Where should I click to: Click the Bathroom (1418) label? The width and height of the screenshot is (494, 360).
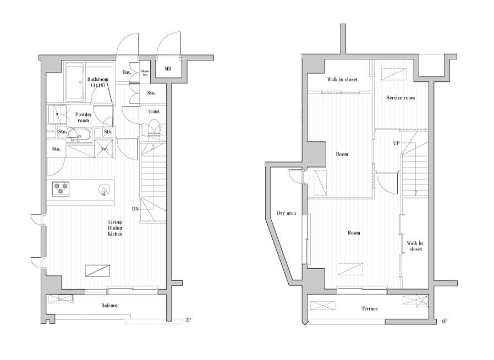point(98,82)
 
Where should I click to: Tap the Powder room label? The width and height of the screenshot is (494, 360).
point(83,117)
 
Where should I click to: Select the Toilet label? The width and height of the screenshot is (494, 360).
point(154,112)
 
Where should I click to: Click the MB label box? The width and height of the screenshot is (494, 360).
point(167,69)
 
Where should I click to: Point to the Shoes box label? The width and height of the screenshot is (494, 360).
point(145,71)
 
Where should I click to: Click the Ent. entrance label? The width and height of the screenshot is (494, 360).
point(127,72)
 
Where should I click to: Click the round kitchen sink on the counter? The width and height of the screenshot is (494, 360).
point(103,191)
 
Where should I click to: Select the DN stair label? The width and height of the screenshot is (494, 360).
point(135,209)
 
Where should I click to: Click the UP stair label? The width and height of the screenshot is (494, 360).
point(396,143)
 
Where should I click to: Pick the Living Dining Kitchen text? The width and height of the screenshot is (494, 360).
point(115,228)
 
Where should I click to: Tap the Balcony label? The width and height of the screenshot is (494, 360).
point(109,306)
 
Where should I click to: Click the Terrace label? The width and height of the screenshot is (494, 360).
point(370,308)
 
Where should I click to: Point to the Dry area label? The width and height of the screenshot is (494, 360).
point(286,213)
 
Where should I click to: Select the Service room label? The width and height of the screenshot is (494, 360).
point(400,98)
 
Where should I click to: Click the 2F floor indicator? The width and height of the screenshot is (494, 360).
point(188,320)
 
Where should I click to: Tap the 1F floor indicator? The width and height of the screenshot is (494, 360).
point(444,321)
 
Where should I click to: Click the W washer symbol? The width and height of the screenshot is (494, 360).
point(57,115)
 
